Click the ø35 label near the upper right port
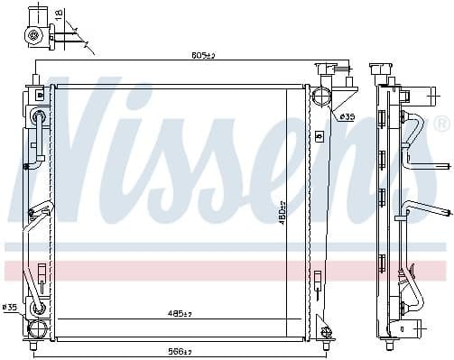pos(347,117)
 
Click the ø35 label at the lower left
pos(11,308)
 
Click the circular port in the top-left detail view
pos(34,36)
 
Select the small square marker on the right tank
pos(318,135)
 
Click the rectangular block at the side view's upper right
pos(417,94)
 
